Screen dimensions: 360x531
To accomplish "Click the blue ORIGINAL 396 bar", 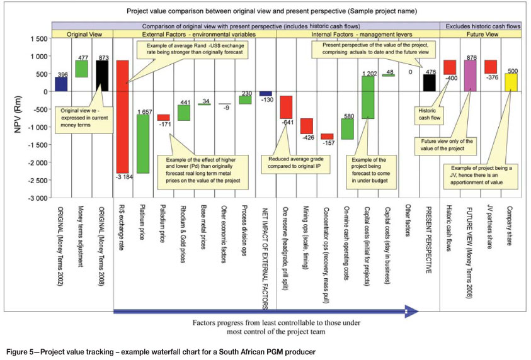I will point(62,84).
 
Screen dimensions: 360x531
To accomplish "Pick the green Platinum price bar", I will point(143,143).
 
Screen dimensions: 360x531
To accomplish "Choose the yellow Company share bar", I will point(510,82).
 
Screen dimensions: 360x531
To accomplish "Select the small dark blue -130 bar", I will point(266,94).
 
